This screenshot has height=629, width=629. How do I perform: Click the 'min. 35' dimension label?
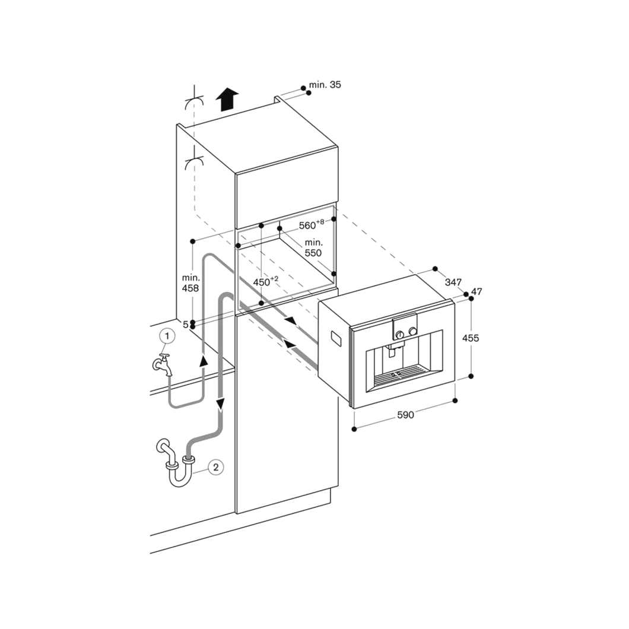click(x=325, y=85)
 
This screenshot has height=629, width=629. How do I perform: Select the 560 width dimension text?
click(x=311, y=225)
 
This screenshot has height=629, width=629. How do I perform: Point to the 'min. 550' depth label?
click(x=313, y=247)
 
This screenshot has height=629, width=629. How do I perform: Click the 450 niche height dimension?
click(x=265, y=282)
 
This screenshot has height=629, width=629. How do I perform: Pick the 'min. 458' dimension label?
click(x=191, y=282)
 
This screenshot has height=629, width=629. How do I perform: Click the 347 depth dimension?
click(x=453, y=282)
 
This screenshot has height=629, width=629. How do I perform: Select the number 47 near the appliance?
click(x=476, y=291)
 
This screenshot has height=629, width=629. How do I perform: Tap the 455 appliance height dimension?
click(x=471, y=338)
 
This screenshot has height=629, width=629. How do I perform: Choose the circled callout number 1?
click(x=167, y=336)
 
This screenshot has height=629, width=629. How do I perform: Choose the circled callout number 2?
click(x=216, y=467)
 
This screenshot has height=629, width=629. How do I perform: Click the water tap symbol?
click(x=163, y=364)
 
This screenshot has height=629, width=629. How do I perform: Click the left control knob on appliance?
click(x=400, y=334)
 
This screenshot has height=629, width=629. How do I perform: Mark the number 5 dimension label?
click(x=185, y=325)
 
